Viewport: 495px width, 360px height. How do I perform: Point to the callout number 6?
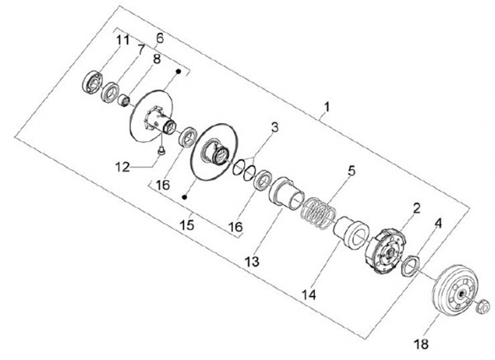(159, 36)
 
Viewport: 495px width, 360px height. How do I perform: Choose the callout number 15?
(186, 224)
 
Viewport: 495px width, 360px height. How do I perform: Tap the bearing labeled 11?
(91, 82)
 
